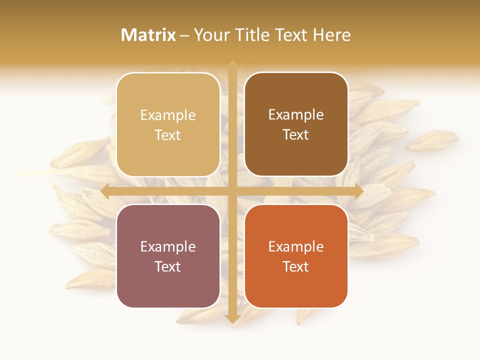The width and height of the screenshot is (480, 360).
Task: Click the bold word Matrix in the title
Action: click(x=148, y=35)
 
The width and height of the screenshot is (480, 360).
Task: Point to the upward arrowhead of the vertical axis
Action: click(x=232, y=64)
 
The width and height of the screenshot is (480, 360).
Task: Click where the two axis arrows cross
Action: click(x=232, y=190)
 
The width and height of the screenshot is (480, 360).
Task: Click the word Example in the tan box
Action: click(x=168, y=115)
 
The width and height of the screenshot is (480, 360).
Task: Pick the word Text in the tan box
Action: click(x=168, y=135)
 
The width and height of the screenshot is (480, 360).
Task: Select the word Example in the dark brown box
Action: click(x=296, y=115)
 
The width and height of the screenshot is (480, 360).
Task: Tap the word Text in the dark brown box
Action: click(x=296, y=135)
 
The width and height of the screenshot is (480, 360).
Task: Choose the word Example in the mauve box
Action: click(x=168, y=247)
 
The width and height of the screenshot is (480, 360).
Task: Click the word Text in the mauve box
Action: click(x=168, y=267)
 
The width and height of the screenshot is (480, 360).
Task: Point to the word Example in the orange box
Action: click(x=296, y=247)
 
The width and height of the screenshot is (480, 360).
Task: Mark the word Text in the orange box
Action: click(x=296, y=267)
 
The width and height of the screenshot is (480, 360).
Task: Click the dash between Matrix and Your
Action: click(x=184, y=35)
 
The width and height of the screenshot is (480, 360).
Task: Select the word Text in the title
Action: click(x=290, y=35)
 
